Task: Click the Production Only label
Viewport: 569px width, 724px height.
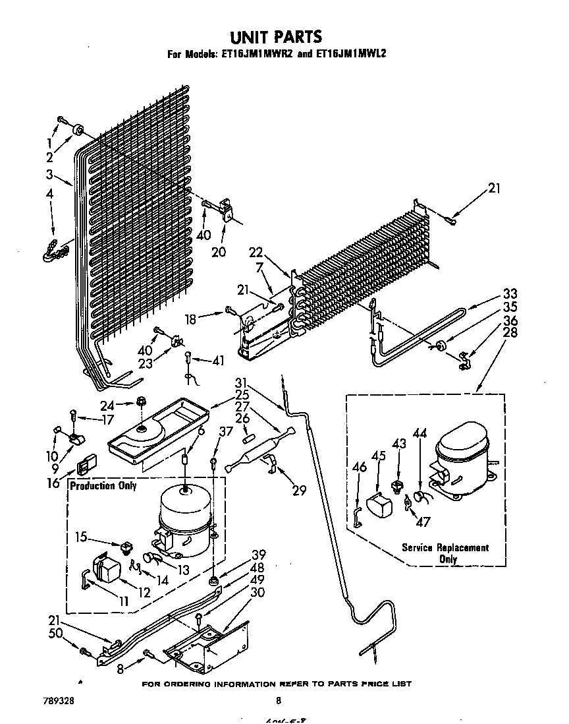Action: [103, 486]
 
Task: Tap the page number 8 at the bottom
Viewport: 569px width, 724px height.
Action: [279, 701]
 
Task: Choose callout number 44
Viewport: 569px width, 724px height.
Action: [420, 433]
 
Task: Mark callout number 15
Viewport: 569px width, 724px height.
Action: [80, 536]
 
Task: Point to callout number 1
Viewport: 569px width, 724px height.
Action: [49, 142]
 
